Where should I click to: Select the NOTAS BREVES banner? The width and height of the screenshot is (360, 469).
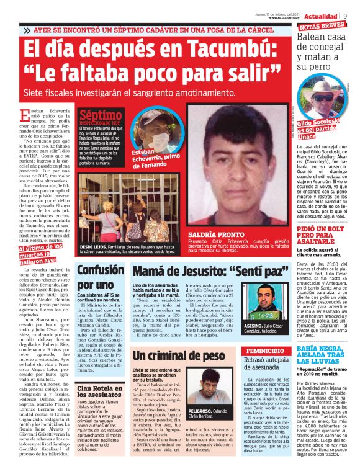click(322, 26)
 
